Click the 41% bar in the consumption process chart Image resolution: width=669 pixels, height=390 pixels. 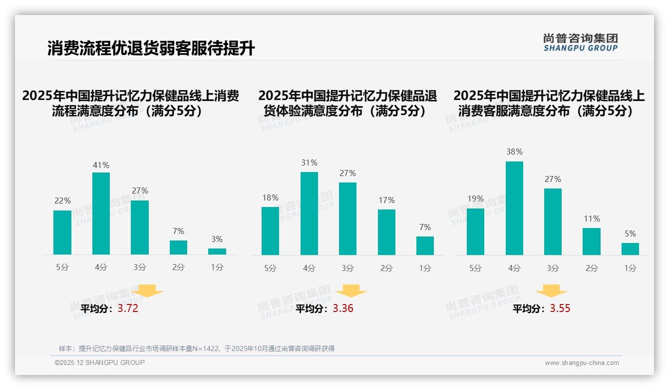[101, 213]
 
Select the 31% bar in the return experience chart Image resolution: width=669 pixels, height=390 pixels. [309, 213]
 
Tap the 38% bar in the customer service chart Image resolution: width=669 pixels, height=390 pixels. [514, 208]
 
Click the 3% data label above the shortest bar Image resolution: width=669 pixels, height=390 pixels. [217, 239]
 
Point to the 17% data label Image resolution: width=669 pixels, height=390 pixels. [386, 200]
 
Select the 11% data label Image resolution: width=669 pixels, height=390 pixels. [592, 219]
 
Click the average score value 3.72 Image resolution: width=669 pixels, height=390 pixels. [128, 308]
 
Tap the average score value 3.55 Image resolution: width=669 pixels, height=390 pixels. [560, 308]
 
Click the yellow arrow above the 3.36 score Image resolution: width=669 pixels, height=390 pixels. [351, 291]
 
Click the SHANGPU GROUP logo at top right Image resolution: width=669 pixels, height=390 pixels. [580, 42]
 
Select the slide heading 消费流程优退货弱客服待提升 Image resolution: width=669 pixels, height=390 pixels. [151, 48]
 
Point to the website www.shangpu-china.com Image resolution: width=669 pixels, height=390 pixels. [582, 363]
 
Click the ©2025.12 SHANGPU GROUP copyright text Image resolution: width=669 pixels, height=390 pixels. [100, 362]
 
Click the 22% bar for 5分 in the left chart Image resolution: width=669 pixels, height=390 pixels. [62, 232]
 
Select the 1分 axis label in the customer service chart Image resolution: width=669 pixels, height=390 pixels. [630, 268]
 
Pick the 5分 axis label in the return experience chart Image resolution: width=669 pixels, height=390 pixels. [270, 268]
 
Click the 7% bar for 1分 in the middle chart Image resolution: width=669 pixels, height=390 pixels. [425, 245]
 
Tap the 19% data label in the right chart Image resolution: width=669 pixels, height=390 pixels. [475, 199]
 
